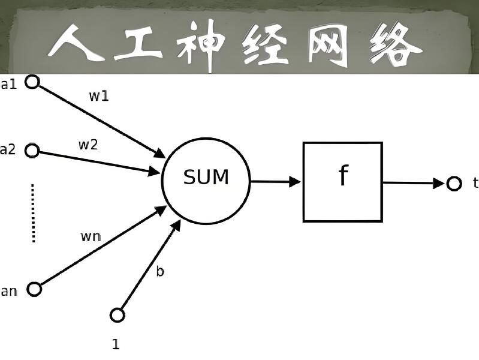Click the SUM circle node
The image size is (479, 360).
click(x=206, y=179)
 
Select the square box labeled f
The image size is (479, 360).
click(x=342, y=182)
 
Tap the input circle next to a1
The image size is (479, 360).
click(x=32, y=82)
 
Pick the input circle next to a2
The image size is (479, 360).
click(x=32, y=151)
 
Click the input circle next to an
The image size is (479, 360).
click(x=34, y=289)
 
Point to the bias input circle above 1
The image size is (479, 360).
click(x=118, y=314)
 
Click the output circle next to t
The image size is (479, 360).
click(x=454, y=183)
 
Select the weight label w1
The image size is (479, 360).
click(x=99, y=96)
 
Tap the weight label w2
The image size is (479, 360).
click(x=88, y=145)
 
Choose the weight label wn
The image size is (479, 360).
click(x=91, y=236)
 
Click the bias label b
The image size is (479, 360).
click(x=160, y=271)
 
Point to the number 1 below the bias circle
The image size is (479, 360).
click(x=116, y=344)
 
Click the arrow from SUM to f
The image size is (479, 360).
click(x=275, y=181)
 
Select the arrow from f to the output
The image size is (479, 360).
click(x=414, y=182)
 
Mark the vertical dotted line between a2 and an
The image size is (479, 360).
click(x=33, y=213)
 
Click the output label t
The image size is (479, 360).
click(x=475, y=183)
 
